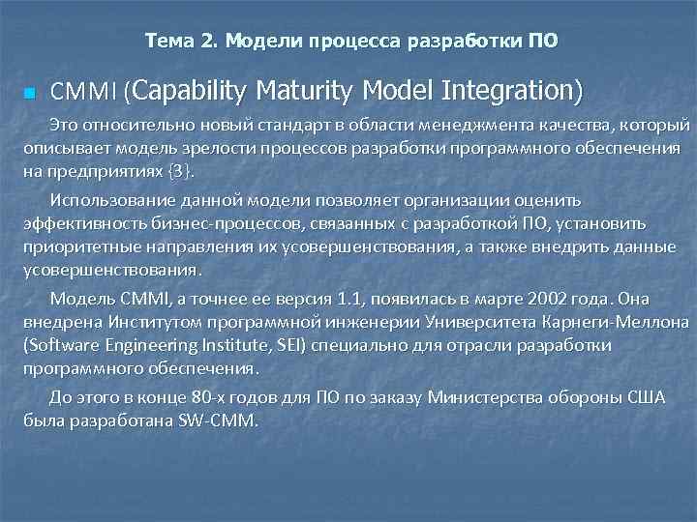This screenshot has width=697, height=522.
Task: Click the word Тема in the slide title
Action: click(167, 41)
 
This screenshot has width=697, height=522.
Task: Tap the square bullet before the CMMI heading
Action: click(28, 94)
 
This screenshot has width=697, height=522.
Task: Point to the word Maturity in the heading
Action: click(305, 91)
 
